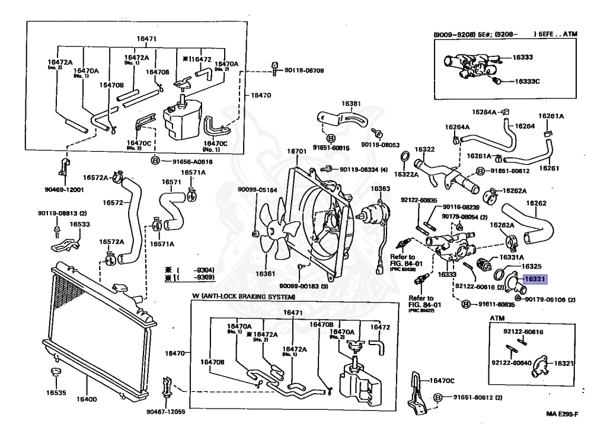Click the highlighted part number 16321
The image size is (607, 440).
(534, 278)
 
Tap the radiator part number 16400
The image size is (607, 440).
(87, 398)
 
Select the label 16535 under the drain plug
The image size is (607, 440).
(57, 393)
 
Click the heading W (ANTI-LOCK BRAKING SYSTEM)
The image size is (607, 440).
(244, 295)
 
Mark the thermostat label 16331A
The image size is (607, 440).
(512, 257)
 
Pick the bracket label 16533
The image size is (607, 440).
(79, 225)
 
